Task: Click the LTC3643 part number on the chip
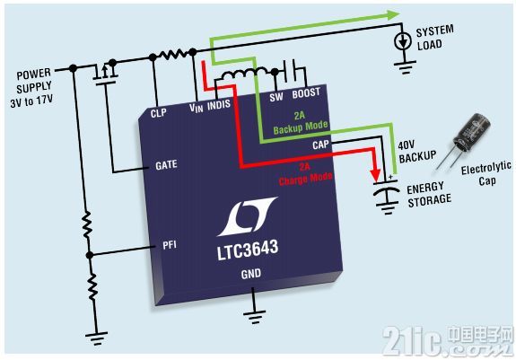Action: (248, 250)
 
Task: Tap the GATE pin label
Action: (166, 164)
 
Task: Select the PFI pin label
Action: (170, 245)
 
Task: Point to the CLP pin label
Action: (158, 113)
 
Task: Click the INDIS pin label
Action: (219, 105)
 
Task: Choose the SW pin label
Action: (276, 97)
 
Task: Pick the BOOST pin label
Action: (306, 93)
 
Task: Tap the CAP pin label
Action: (320, 145)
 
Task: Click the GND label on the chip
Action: (250, 274)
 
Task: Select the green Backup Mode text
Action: (301, 127)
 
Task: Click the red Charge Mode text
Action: (305, 180)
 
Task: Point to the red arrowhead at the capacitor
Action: (375, 175)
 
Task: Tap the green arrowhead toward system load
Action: (393, 14)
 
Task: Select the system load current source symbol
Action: (403, 41)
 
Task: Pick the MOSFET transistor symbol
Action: (105, 73)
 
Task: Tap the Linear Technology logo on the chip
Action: (247, 216)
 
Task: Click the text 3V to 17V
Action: (31, 101)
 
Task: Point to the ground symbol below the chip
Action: (254, 316)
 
